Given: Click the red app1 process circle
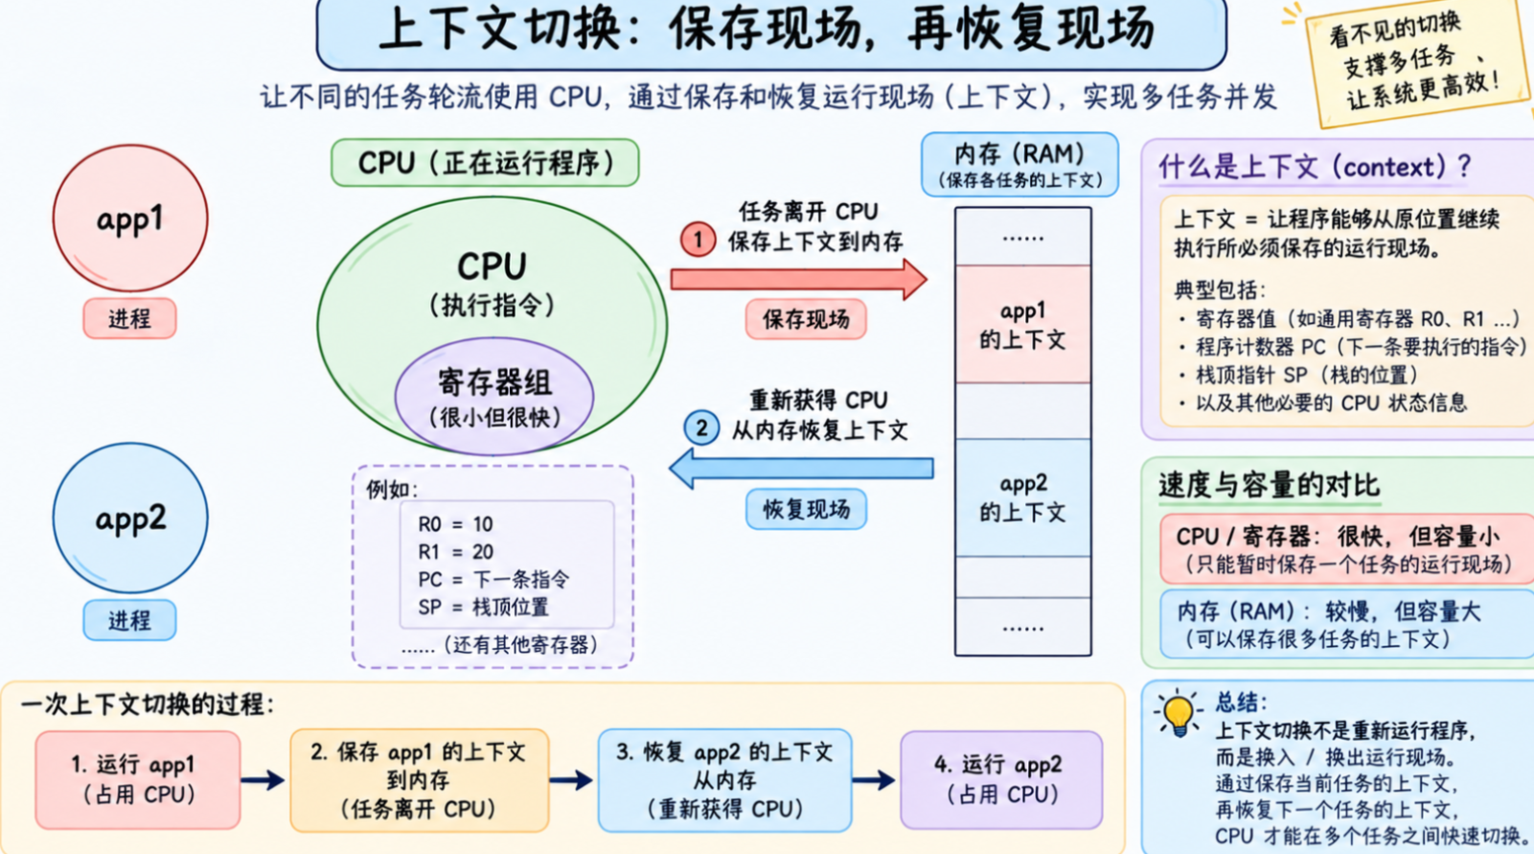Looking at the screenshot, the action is click(130, 218).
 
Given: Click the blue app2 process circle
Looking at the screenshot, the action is click(130, 517).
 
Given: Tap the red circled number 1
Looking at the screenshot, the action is click(698, 240).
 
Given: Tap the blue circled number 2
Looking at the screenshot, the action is click(701, 428).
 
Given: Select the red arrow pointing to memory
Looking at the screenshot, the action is click(798, 280).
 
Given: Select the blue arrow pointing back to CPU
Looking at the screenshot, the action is click(801, 469).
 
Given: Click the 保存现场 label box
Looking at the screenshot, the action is click(806, 319).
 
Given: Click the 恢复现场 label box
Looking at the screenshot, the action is click(806, 509).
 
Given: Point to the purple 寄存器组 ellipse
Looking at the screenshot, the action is click(494, 397).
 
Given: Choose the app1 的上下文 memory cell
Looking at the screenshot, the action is click(1023, 324).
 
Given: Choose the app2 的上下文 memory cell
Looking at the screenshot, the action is click(1023, 497).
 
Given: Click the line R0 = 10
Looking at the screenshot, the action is click(455, 524).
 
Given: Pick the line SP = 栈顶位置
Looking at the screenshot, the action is click(484, 607).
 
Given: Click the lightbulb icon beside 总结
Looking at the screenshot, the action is click(1178, 713).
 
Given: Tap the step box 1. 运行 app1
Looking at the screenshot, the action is click(138, 779).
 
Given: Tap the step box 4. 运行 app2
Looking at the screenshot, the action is click(1001, 779).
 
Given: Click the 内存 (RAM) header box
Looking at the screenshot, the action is click(1019, 164).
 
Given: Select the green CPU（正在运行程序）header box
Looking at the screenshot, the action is click(485, 163).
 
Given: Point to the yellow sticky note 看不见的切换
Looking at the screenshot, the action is click(1416, 63).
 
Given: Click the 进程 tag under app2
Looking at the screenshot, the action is click(129, 620).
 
